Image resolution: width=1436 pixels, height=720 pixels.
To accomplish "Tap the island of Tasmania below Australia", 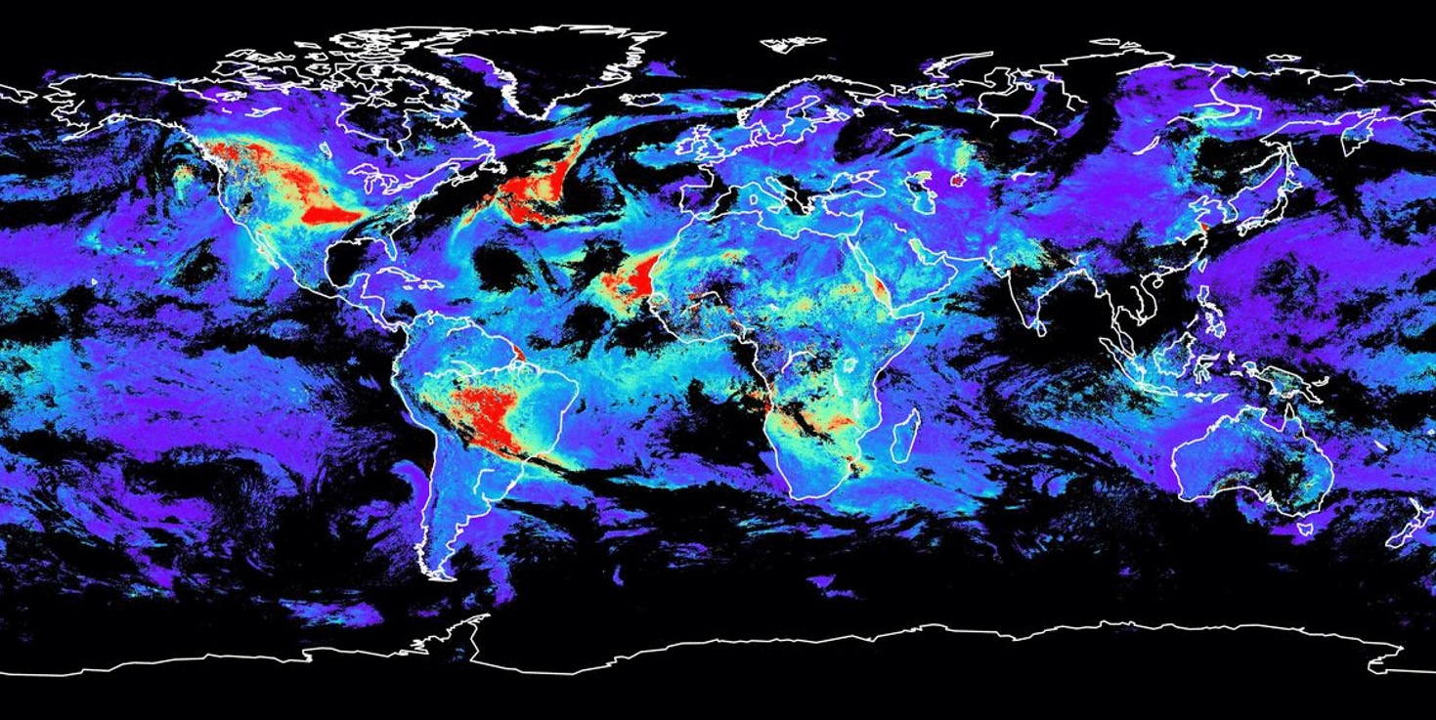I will [1301, 529].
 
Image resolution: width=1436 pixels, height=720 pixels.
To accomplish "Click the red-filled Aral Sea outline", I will [957, 180].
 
